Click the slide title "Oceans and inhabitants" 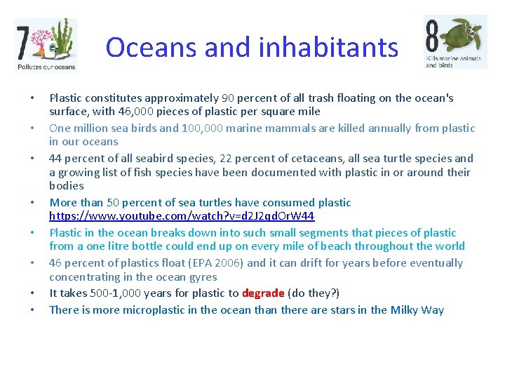tap(252, 47)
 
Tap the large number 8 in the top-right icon tap(433, 34)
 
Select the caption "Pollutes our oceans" tap(46, 67)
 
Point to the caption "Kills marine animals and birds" tap(453, 61)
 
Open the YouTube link tap(182, 216)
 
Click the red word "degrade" tap(263, 293)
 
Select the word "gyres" tap(202, 277)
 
